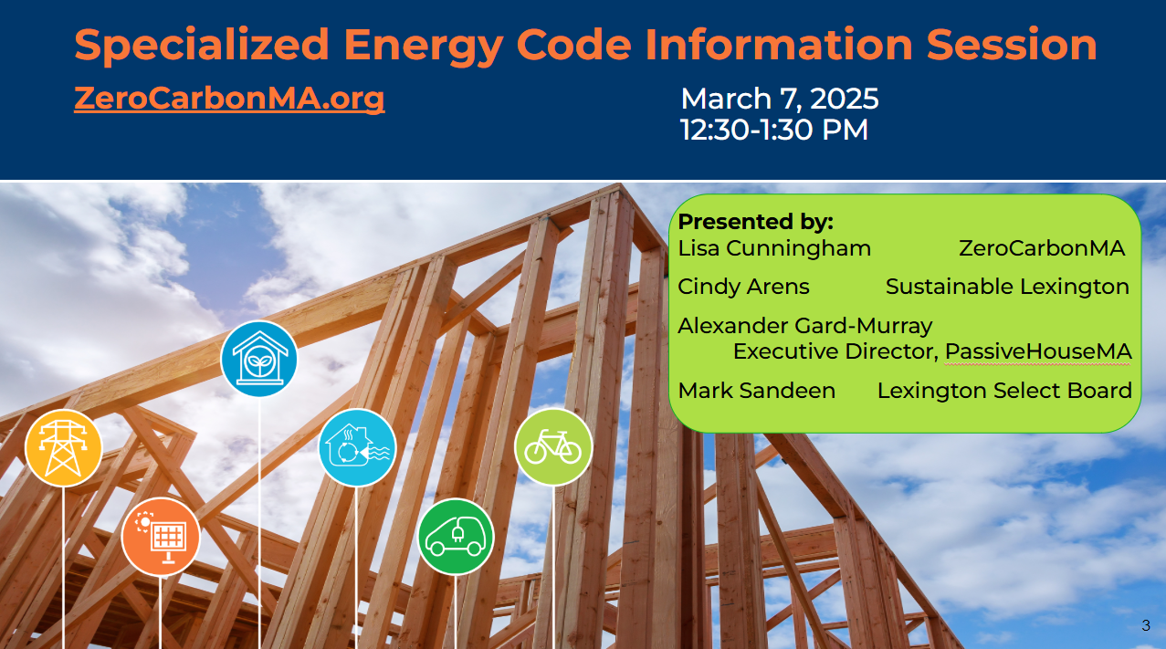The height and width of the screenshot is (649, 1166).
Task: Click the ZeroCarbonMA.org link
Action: (229, 98)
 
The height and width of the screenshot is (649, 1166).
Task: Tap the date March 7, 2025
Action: (780, 99)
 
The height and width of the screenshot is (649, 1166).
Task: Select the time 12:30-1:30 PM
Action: (774, 130)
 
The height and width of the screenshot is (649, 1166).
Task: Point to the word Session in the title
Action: (1012, 44)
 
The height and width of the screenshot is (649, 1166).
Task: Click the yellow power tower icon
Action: (64, 448)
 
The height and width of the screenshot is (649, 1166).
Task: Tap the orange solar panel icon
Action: (161, 537)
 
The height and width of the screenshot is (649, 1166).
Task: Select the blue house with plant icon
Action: (258, 359)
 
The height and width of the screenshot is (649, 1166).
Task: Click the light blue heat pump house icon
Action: (357, 447)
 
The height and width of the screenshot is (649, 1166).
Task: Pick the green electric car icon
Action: (456, 537)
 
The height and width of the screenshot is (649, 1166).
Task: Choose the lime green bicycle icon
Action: (553, 447)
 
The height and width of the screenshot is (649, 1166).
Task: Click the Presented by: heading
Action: (756, 222)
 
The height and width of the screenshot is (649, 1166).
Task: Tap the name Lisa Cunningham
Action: (774, 249)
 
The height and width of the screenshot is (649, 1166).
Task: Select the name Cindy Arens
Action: (744, 287)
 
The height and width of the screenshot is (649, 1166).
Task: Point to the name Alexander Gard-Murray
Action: (805, 326)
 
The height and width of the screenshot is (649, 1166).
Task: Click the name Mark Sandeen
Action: (757, 391)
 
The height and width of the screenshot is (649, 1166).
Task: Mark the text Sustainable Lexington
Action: (1008, 288)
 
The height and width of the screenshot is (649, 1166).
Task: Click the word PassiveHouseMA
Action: (1038, 351)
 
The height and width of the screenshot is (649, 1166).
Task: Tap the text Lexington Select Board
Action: (1005, 391)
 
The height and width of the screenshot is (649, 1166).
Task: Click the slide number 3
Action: (1146, 625)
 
